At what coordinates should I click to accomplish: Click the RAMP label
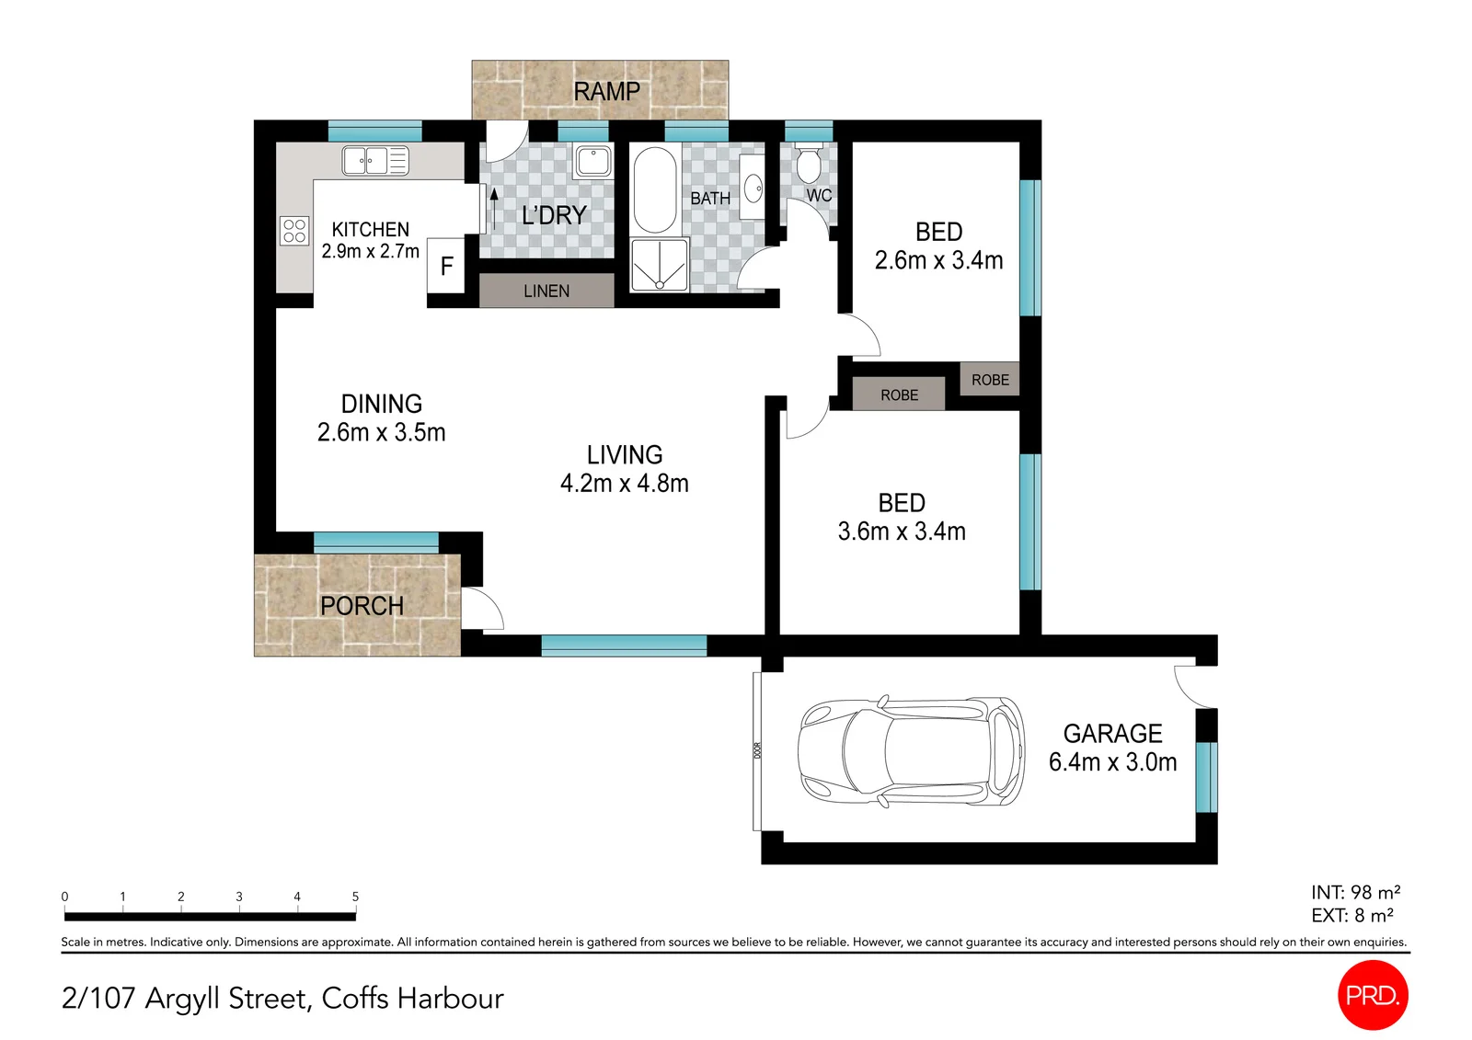tap(606, 91)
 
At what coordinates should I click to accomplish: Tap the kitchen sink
tap(375, 161)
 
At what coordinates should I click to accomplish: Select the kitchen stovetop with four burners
tap(294, 231)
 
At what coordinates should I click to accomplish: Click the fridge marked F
tap(446, 266)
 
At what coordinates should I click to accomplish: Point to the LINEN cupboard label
tap(546, 291)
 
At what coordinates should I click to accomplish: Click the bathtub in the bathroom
tap(654, 189)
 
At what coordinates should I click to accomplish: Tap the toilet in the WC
tap(809, 162)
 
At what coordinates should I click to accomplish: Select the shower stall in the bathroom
tap(659, 265)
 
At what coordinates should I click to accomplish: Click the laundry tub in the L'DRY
tap(593, 161)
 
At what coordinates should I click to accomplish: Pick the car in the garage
tap(911, 750)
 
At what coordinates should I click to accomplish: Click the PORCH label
tap(362, 606)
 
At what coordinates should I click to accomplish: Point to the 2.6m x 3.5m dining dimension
tap(381, 432)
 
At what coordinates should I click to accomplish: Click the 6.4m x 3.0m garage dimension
tap(1112, 762)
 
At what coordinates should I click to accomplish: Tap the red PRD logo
tap(1373, 995)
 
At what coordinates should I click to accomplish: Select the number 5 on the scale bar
tap(355, 897)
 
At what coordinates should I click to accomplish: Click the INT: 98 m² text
tap(1356, 892)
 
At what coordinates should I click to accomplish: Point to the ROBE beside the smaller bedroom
tap(990, 380)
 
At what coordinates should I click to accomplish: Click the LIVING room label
tap(625, 455)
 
